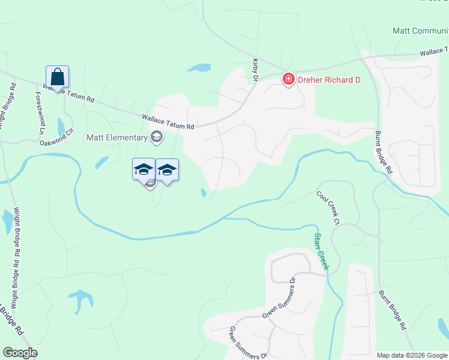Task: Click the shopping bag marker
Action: pos(58,77)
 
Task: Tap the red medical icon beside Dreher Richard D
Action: pos(288,79)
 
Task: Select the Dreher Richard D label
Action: pos(328,80)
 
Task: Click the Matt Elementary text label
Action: pos(117,137)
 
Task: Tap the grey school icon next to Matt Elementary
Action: pos(157,138)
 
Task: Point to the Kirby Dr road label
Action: pos(255,70)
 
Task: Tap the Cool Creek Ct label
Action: pos(330,208)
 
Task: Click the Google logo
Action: pos(20,353)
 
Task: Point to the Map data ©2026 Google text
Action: pos(411,355)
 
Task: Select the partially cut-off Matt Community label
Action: pos(420,31)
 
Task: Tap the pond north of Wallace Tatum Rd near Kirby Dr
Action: pos(199,68)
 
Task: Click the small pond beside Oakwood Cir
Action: pos(61,126)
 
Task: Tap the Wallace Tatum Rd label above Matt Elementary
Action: pos(168,122)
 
